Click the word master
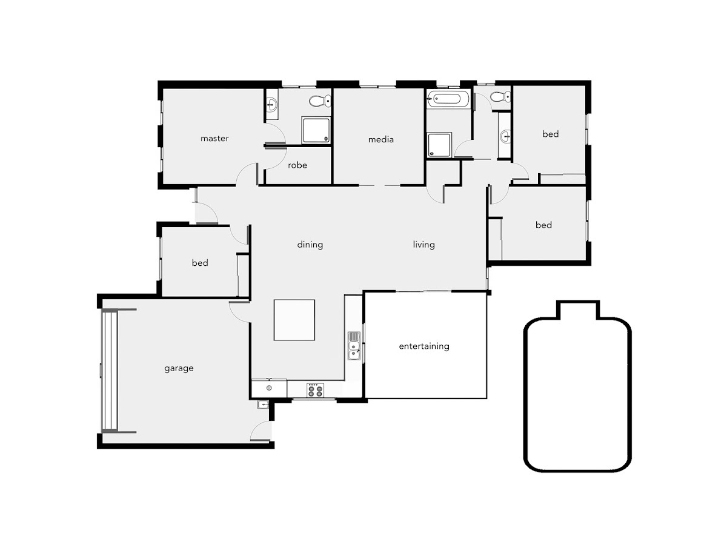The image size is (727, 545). coord(214,138)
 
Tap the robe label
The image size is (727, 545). coord(297,165)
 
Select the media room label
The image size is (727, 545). coord(381,140)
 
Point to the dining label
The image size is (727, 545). coord(310,245)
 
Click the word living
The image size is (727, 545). coord(423,245)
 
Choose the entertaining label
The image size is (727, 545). coord(424,346)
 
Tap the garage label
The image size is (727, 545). coord(179,368)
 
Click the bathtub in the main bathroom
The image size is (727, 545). coord(448,99)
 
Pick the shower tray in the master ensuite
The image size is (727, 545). coord(316,130)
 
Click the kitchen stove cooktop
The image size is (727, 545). coord(315,390)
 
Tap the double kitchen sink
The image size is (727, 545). coord(354,346)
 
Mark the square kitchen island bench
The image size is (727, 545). coord(294,320)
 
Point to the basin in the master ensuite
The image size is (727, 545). coord(272,104)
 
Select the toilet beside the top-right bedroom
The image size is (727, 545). coord(500,97)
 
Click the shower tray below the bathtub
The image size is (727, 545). coord(439,145)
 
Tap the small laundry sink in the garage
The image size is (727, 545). coord(263,405)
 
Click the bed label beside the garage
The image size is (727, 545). coord(200,263)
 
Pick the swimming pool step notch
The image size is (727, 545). coord(578,309)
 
